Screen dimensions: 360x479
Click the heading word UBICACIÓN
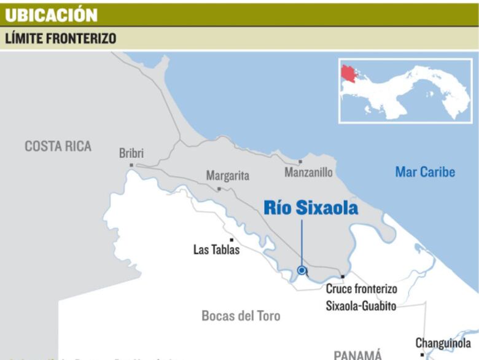[x=51, y=15]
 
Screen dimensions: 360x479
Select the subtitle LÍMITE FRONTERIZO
[x=61, y=38]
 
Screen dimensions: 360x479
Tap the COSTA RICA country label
[x=58, y=146]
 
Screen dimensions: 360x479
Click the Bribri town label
[x=131, y=154]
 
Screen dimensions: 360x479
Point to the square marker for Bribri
[x=131, y=165]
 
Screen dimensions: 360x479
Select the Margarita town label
[x=227, y=176]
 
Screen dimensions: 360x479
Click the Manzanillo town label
[x=308, y=173]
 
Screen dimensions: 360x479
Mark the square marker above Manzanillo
[x=300, y=162]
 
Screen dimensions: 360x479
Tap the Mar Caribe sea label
[x=425, y=172]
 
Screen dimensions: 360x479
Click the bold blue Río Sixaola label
[x=311, y=208]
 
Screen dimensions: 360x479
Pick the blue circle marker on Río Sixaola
[x=302, y=270]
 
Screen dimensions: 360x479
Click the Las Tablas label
[x=216, y=249]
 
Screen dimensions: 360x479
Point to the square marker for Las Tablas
[x=232, y=240]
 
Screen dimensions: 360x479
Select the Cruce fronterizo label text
[x=361, y=289]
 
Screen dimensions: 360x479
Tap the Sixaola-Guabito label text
[x=361, y=305]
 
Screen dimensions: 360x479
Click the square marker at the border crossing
[x=343, y=277]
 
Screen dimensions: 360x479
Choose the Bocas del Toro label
[x=241, y=316]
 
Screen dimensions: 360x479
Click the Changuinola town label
[x=443, y=343]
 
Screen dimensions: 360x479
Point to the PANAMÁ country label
[x=357, y=354]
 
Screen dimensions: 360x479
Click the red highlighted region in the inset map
[x=351, y=76]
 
